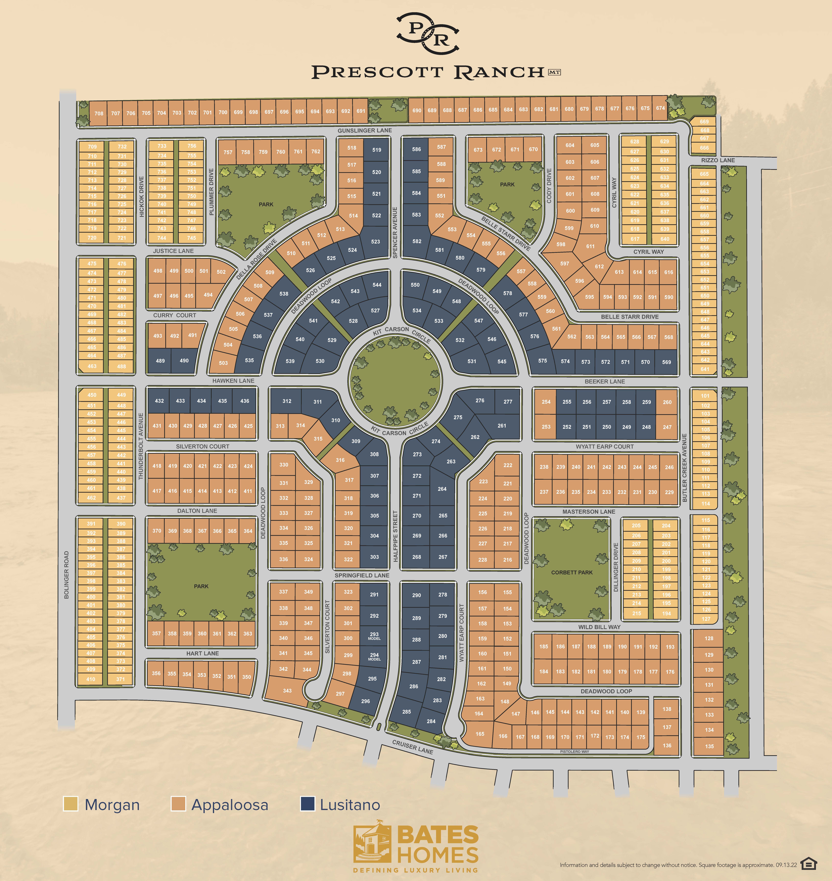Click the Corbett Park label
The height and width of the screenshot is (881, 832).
coord(572,572)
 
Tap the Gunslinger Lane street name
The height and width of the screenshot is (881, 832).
coord(365,130)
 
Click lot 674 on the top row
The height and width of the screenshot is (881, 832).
coord(660,108)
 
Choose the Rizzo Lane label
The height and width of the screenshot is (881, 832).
coord(718,160)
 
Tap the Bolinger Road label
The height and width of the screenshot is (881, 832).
coord(67,575)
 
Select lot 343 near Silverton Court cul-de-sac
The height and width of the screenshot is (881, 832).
coord(287,691)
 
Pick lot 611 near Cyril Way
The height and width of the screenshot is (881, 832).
coord(590,246)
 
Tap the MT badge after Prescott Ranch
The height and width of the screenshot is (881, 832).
coord(554,72)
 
